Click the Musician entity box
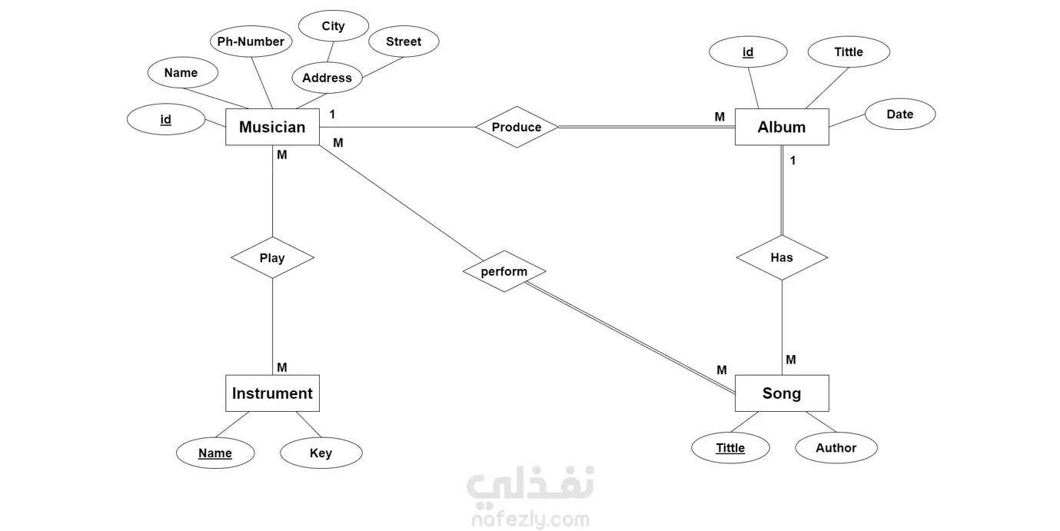coord(272,127)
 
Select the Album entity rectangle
coord(782,127)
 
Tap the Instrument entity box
coord(272,393)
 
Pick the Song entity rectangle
coord(782,393)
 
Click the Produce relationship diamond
coord(517,127)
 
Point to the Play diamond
coord(272,258)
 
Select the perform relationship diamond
coord(504,271)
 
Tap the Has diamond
coord(782,257)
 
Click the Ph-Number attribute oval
coord(251,42)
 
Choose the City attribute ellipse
coord(334,26)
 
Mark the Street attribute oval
coord(404,42)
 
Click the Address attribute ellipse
coord(327,78)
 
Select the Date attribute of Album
coord(900,114)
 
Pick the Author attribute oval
coord(836,448)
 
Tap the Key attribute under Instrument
coord(321,453)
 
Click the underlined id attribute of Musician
coord(165,120)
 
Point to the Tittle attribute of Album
coord(849,52)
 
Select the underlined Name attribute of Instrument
coord(215,453)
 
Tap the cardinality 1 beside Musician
coord(332,114)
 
